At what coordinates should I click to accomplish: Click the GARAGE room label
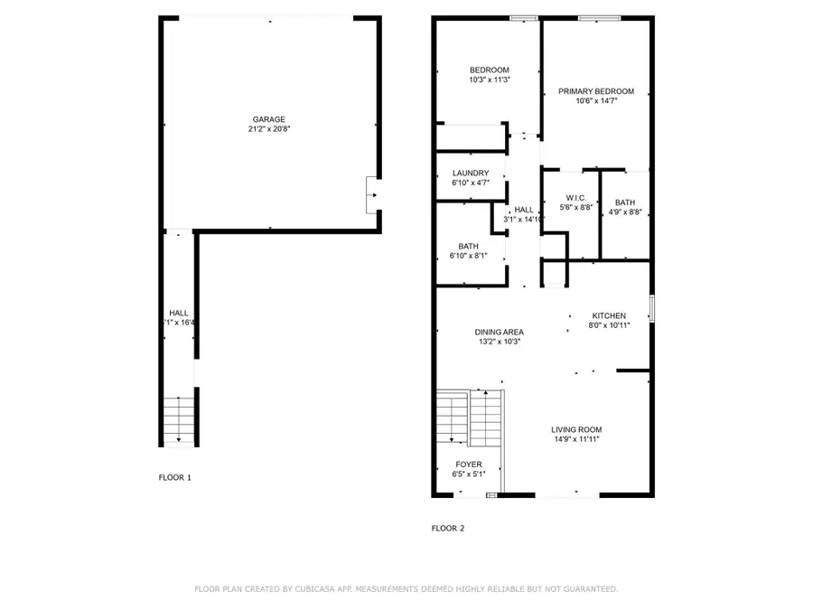click(x=268, y=118)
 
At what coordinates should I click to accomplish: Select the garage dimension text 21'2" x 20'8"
click(x=268, y=129)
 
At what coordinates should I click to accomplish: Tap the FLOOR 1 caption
click(x=174, y=477)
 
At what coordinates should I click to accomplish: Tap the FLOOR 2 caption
click(x=447, y=529)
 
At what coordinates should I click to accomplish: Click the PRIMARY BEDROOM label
click(x=595, y=91)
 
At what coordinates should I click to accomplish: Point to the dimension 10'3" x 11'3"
click(x=489, y=80)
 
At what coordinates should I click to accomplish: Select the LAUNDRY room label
click(x=471, y=174)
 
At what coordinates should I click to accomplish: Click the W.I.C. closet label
click(x=576, y=198)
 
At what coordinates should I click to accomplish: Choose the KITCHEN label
click(x=608, y=315)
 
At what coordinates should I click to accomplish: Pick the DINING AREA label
click(x=500, y=332)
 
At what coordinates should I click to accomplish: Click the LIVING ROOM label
click(x=576, y=429)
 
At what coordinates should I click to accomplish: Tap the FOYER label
click(x=468, y=465)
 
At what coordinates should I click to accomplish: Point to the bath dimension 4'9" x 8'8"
click(x=624, y=212)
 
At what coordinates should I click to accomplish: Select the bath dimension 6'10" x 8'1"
click(x=468, y=256)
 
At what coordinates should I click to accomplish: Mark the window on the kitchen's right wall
click(x=651, y=307)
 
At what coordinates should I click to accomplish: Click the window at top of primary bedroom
click(x=598, y=17)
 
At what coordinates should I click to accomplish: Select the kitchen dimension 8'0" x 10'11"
click(x=608, y=325)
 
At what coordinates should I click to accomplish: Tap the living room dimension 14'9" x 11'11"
click(x=576, y=439)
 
